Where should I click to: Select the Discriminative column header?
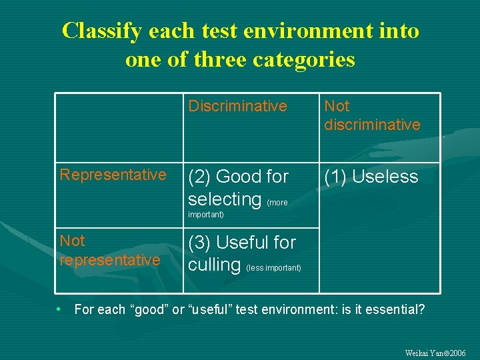pyautogui.click(x=237, y=106)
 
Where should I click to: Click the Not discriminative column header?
pyautogui.click(x=371, y=115)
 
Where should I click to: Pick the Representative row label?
pyautogui.click(x=113, y=175)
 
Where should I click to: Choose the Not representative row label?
pyautogui.click(x=110, y=250)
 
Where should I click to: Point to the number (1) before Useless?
pyautogui.click(x=336, y=177)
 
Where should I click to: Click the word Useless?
pyautogui.click(x=385, y=177)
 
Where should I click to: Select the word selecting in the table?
pyautogui.click(x=225, y=199)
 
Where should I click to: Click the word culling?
pyautogui.click(x=214, y=265)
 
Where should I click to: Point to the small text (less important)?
pyautogui.click(x=273, y=268)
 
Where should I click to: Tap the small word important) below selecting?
pyautogui.click(x=206, y=215)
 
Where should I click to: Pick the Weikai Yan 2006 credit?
pyautogui.click(x=435, y=353)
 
